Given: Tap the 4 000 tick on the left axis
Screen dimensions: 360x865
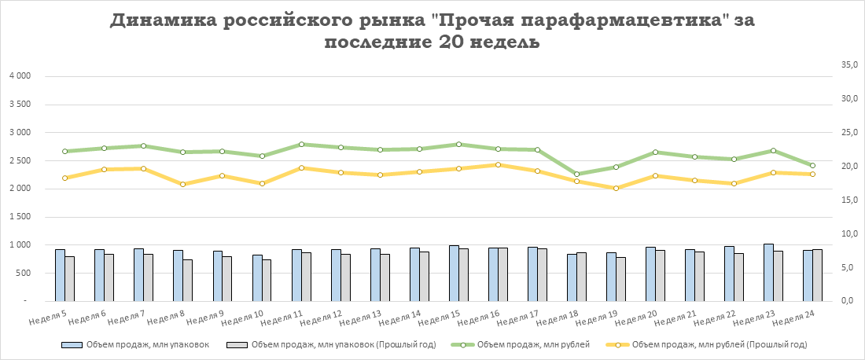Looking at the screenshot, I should [x=18, y=76].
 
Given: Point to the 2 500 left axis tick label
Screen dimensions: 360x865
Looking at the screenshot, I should [x=18, y=160].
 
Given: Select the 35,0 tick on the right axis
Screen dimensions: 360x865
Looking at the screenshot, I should [x=848, y=65].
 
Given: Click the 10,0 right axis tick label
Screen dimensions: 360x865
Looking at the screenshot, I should [x=848, y=234].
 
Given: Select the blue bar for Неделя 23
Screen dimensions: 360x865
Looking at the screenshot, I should [x=768, y=272].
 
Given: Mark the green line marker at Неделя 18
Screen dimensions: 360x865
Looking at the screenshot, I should [x=576, y=174].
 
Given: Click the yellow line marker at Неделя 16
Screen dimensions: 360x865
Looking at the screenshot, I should [x=498, y=165].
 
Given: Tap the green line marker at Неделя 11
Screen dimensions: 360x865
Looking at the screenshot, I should [x=301, y=145].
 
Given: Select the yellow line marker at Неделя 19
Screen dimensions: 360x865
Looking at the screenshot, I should [x=616, y=188].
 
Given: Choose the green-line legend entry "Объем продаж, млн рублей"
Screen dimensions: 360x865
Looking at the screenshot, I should [x=518, y=344].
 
